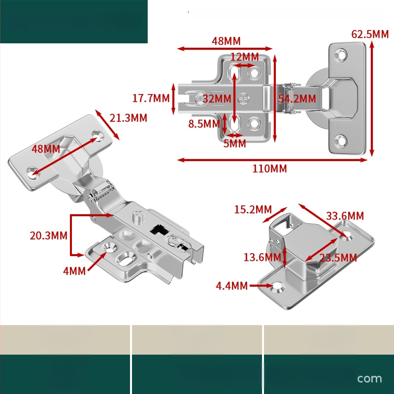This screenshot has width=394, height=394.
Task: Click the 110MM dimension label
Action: (x=269, y=168)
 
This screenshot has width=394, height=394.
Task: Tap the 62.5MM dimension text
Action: (x=370, y=34)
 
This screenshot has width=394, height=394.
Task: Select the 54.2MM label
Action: (x=297, y=99)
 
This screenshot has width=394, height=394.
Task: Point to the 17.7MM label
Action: (x=151, y=98)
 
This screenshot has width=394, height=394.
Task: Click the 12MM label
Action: (x=244, y=57)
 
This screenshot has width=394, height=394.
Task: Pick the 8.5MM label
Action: (x=204, y=124)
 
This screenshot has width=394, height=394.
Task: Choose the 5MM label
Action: (x=235, y=143)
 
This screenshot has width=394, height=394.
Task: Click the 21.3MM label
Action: (x=128, y=118)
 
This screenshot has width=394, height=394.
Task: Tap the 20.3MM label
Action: (x=48, y=236)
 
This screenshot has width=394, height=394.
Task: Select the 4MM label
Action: (x=74, y=271)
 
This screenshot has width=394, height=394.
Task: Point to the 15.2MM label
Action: (x=253, y=210)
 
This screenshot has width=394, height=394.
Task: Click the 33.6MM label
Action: (x=345, y=216)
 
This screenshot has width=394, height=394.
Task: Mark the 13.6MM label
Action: (x=263, y=257)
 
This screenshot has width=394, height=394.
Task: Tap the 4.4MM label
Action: (x=231, y=286)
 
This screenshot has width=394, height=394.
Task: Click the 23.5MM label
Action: (x=338, y=258)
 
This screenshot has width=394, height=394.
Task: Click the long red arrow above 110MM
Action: (x=272, y=160)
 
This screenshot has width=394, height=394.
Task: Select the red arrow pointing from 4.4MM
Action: (x=262, y=286)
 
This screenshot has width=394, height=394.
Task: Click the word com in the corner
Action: (x=369, y=378)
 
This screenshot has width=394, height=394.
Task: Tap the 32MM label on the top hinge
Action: (x=217, y=99)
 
